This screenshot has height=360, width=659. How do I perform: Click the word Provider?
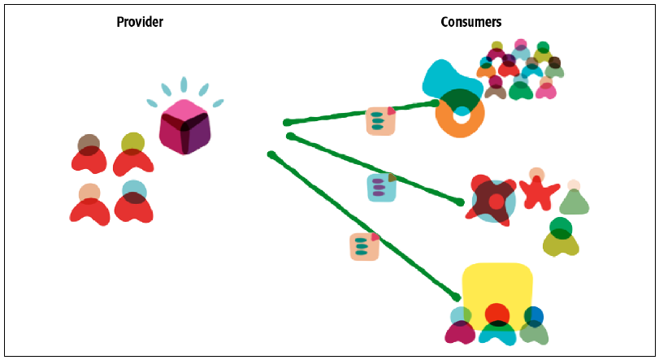pyautogui.click(x=140, y=22)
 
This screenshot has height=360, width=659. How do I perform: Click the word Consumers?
pyautogui.click(x=470, y=22)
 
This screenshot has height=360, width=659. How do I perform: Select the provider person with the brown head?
pyautogui.click(x=89, y=154)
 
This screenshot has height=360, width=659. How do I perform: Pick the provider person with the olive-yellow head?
pyautogui.click(x=133, y=154)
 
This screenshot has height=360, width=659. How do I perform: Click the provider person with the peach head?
pyautogui.click(x=89, y=205)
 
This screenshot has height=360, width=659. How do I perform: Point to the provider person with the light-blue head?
pyautogui.click(x=134, y=202)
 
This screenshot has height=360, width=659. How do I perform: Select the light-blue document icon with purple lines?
pyautogui.click(x=382, y=188)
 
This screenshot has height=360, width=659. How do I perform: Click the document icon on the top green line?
pyautogui.click(x=381, y=121)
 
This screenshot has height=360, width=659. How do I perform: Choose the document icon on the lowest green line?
pyautogui.click(x=365, y=246)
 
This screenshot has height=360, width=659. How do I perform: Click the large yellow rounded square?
pyautogui.click(x=497, y=294)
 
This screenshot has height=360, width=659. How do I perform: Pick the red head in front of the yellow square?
pyautogui.click(x=497, y=314)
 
